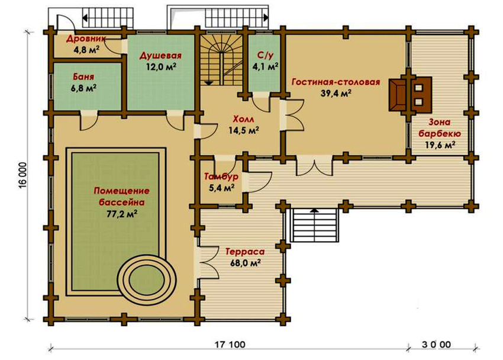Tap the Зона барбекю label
pyautogui.click(x=437, y=128)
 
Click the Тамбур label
pyautogui.click(x=220, y=177)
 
